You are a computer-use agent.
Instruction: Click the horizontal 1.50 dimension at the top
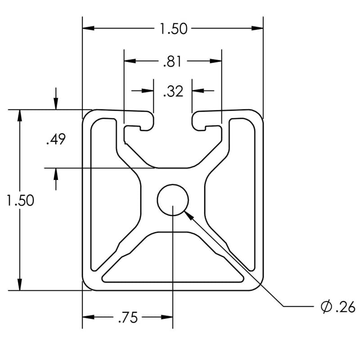point(173,29)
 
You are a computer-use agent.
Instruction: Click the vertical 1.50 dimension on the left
point(20,200)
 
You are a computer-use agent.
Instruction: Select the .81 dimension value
point(173,61)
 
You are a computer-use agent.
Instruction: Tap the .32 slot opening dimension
point(173,91)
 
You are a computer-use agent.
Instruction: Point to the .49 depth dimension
point(56,139)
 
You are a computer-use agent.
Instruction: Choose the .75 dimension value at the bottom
point(127,318)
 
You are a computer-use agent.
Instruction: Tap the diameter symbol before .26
point(326,307)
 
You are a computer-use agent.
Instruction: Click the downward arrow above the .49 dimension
point(56,104)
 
